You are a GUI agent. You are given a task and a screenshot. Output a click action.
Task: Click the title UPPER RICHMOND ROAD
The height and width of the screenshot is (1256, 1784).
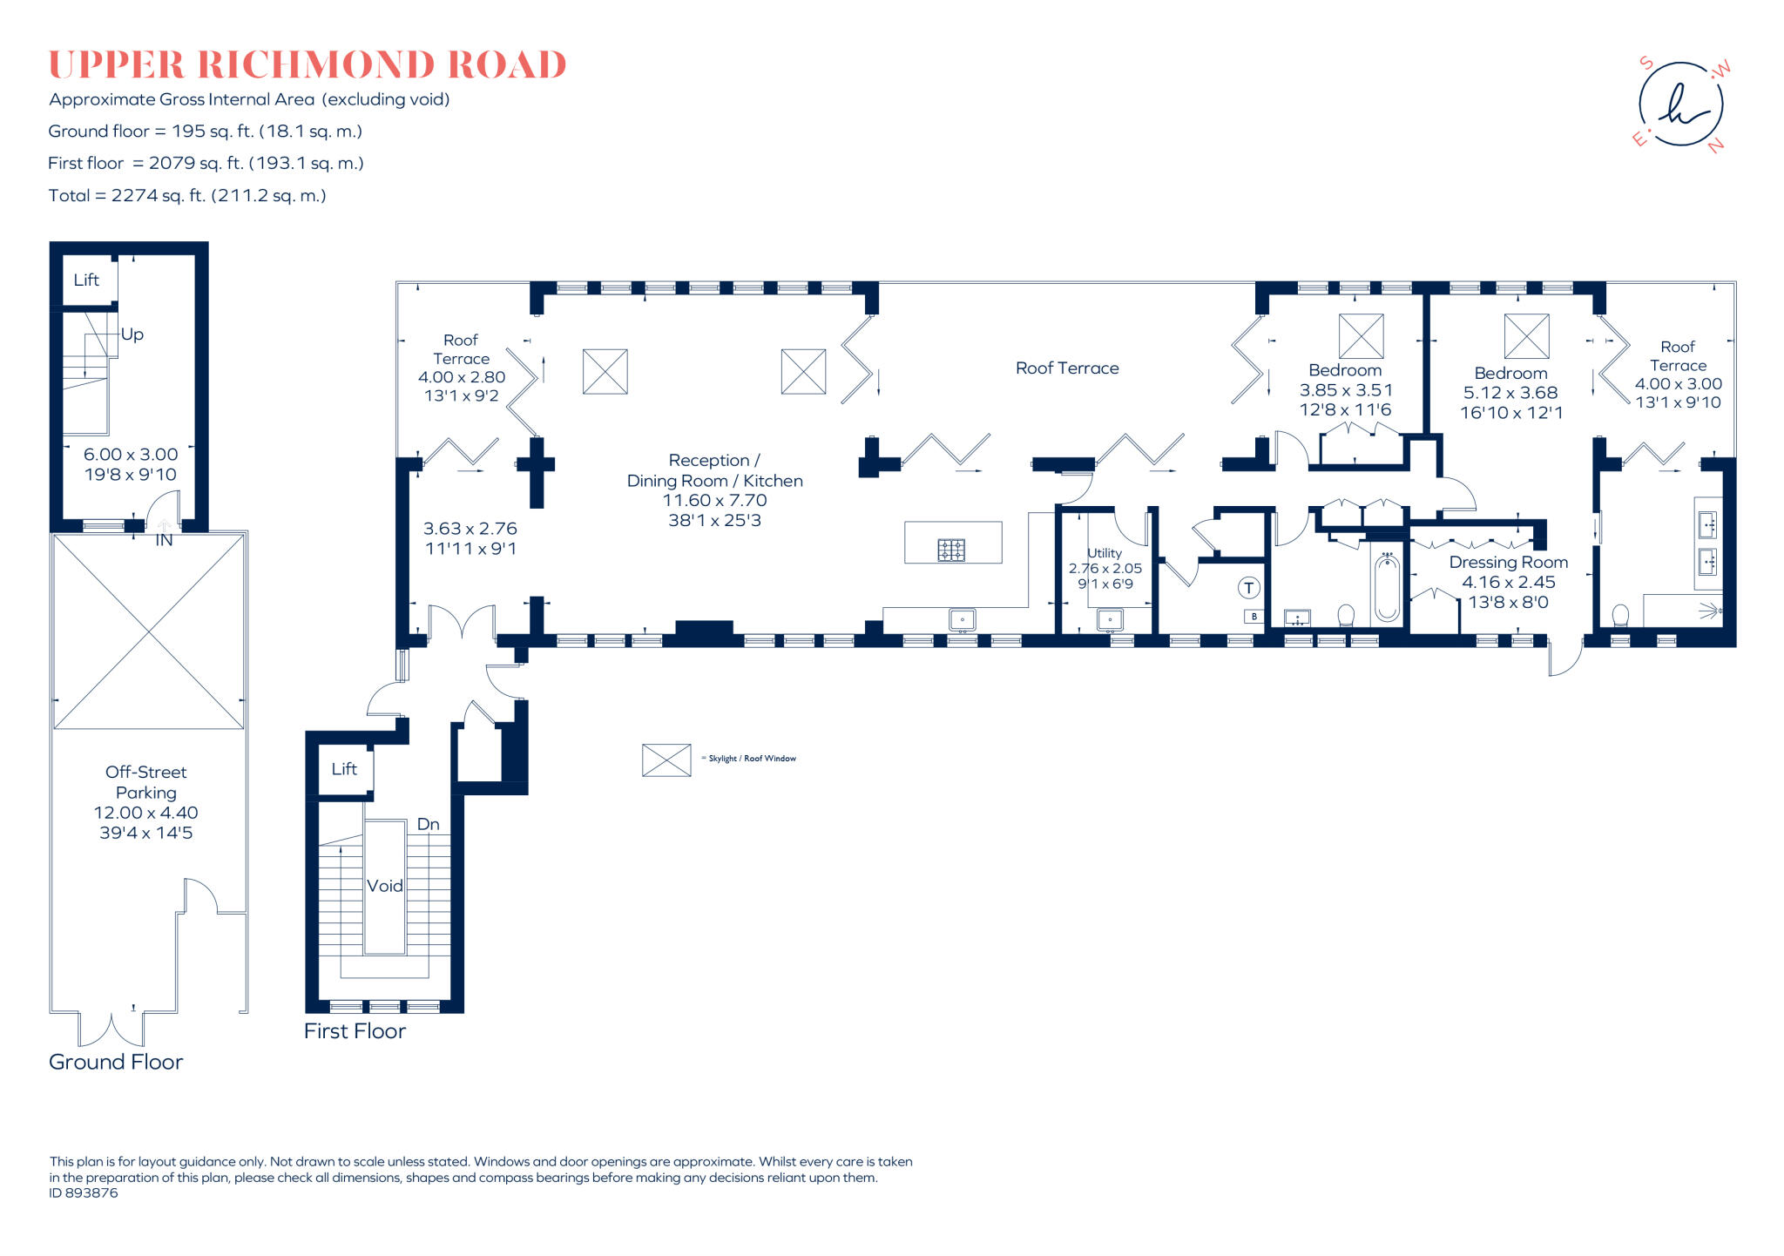pos(307,65)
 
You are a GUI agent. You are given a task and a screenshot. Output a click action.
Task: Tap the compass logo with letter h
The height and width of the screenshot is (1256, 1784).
pos(1680,105)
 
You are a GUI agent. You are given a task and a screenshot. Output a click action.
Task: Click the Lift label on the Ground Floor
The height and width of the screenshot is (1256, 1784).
pos(86,280)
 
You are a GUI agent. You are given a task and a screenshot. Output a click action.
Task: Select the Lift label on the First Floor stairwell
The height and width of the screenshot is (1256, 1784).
pos(344,769)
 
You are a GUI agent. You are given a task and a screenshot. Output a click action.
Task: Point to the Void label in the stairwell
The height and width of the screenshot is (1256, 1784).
pos(384,886)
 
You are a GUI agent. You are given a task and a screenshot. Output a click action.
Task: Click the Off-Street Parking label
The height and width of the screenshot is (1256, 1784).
pos(145,782)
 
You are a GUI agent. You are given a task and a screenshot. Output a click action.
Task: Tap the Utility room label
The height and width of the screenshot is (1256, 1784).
pos(1105,553)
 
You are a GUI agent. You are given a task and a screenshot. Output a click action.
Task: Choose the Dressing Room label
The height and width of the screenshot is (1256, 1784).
pos(1508,563)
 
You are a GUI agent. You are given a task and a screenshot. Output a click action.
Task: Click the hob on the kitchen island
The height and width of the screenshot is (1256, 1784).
pos(951,550)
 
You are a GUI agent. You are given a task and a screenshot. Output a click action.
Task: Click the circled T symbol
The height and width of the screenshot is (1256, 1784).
pos(1248,588)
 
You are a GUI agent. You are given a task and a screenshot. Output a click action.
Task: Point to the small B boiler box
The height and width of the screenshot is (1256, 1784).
pos(1254,617)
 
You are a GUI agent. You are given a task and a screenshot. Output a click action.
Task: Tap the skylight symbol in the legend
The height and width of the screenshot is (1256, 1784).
pos(666,760)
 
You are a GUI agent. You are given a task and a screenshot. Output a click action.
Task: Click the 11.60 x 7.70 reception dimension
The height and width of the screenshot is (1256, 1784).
pos(714,501)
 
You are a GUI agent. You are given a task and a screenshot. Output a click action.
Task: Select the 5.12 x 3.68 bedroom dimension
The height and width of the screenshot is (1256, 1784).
pos(1510,393)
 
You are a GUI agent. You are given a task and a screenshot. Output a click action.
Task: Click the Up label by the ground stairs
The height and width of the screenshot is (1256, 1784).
pos(132,334)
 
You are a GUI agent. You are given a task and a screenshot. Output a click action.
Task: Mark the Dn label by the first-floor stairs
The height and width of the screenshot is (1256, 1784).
pos(428,824)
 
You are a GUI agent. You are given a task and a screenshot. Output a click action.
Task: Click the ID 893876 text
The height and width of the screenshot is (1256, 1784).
pos(84,1193)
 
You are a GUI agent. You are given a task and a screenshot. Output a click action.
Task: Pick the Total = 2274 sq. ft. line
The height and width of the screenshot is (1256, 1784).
pos(187,196)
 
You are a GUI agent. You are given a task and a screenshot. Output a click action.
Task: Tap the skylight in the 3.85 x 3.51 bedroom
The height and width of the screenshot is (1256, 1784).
pos(1361,336)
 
